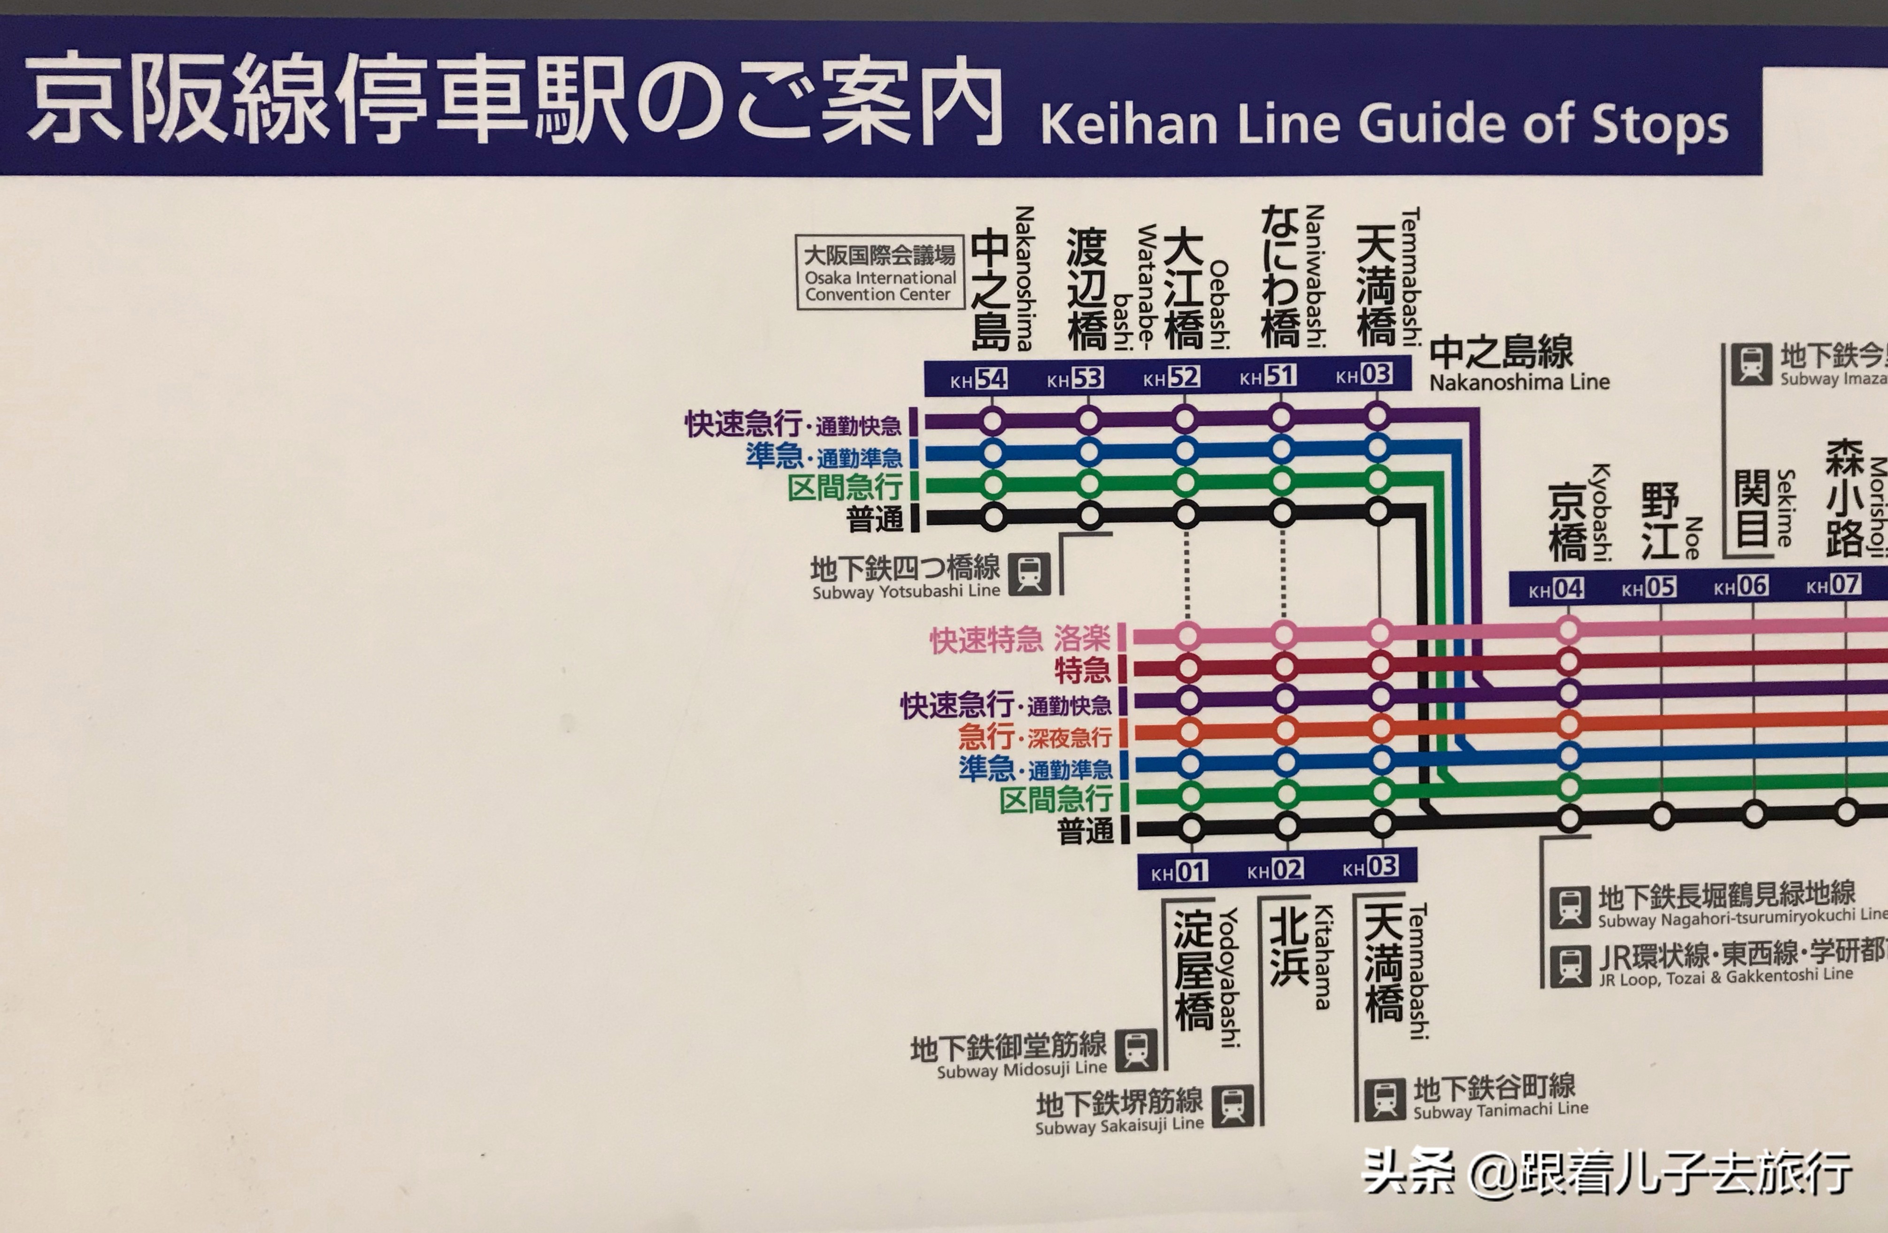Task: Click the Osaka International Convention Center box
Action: pyautogui.click(x=880, y=273)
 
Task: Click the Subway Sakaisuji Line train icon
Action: pyautogui.click(x=1233, y=1105)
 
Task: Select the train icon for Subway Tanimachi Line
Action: pyautogui.click(x=1384, y=1099)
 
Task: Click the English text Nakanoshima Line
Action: pyautogui.click(x=1519, y=382)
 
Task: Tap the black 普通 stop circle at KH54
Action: pyautogui.click(x=993, y=517)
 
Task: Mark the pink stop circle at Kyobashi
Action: pyautogui.click(x=1568, y=631)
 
